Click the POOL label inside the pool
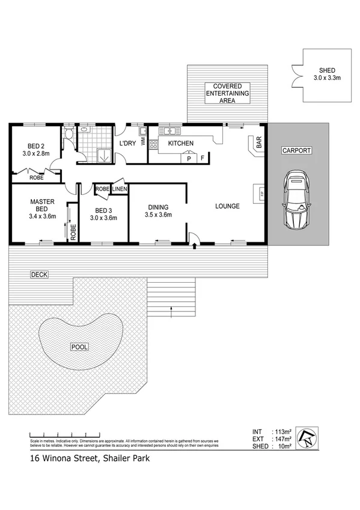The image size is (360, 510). [x=79, y=347]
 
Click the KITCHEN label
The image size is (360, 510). [x=180, y=143]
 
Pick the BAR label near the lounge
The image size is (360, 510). [x=259, y=143]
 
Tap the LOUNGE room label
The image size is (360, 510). [x=228, y=206]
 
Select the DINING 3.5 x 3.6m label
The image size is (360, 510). [x=159, y=211]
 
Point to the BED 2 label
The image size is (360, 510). [x=35, y=149]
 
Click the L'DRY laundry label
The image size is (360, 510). [x=126, y=143]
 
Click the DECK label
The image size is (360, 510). [x=40, y=274]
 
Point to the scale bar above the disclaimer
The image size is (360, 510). [x=63, y=435]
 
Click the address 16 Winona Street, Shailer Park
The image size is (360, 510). [x=90, y=458]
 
